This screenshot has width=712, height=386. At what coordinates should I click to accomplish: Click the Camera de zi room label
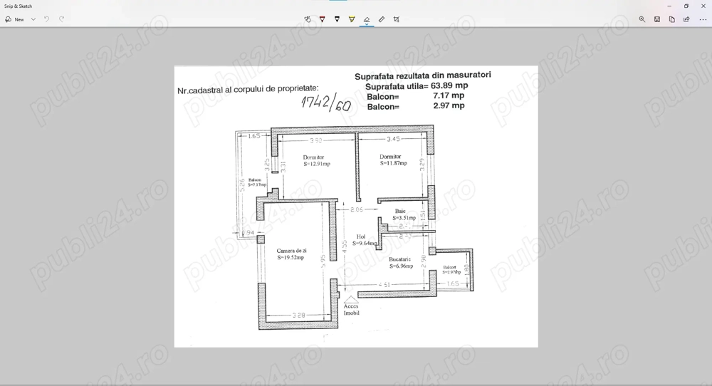292,251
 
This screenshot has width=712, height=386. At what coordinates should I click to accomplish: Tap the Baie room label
400,211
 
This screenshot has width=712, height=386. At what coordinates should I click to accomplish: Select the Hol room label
361,236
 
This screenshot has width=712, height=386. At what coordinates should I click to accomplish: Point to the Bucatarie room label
401,259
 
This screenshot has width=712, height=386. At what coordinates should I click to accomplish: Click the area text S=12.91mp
317,164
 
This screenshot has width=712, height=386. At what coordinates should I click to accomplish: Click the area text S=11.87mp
394,163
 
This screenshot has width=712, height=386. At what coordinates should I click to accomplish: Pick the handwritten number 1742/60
325,103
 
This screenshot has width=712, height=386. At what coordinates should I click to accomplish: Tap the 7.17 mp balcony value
449,95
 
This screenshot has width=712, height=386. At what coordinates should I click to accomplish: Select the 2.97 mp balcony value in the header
449,105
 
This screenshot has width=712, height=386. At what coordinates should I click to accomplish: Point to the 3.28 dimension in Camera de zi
299,314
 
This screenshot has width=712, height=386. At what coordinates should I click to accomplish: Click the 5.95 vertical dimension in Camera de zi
323,261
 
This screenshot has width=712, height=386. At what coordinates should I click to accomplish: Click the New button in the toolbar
15,19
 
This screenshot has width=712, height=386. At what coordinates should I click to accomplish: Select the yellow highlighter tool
352,19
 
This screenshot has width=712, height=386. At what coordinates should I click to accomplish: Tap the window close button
701,6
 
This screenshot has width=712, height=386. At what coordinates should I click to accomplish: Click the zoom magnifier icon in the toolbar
642,19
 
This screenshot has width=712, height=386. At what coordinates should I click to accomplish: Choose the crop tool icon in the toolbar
397,19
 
